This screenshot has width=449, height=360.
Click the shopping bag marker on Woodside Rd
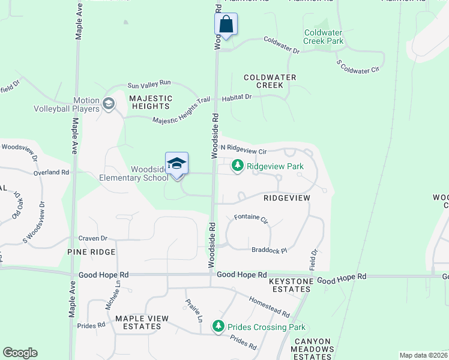coord(226,25)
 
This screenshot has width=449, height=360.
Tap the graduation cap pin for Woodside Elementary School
coord(177,164)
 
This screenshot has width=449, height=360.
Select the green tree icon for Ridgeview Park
coord(238,166)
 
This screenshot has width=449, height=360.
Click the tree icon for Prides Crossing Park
coord(218,327)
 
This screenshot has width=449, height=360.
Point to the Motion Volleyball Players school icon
coord(108,104)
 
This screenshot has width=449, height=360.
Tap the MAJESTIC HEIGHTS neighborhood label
coord(151,103)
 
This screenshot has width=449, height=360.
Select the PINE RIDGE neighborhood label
coord(91,252)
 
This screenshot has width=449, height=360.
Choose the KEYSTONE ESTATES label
coord(291,285)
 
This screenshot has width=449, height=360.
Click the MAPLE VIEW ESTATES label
coord(138,322)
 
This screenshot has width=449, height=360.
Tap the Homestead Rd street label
coord(269,307)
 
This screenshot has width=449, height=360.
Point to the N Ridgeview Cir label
coord(243,148)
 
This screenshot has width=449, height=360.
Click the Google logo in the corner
coord(20,353)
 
